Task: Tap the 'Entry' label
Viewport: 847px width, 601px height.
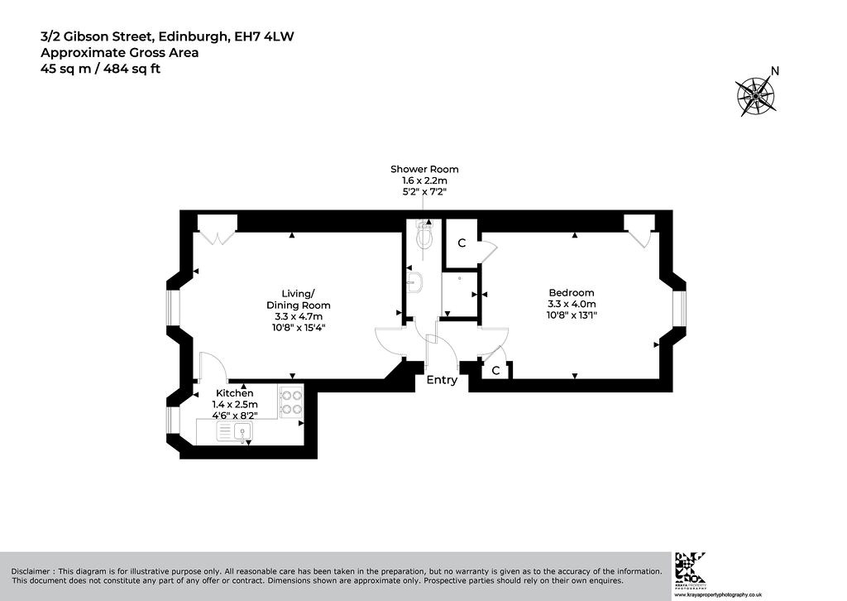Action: click(442, 380)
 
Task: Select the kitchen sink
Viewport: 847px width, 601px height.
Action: click(234, 432)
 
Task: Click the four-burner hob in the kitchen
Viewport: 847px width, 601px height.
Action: click(291, 401)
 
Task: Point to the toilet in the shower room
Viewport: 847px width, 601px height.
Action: click(424, 233)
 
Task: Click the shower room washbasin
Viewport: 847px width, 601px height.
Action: click(414, 282)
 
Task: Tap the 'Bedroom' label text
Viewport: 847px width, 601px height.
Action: click(572, 293)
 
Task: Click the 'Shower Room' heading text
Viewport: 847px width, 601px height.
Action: click(424, 169)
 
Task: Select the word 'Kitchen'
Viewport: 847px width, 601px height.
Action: click(234, 393)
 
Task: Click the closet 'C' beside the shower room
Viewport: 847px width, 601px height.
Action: click(462, 243)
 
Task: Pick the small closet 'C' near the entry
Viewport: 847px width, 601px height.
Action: click(495, 371)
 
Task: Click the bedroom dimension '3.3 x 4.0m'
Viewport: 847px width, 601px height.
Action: click(572, 305)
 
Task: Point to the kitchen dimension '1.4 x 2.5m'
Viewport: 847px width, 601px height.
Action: click(234, 405)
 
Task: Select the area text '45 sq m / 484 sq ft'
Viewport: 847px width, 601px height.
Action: click(100, 70)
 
